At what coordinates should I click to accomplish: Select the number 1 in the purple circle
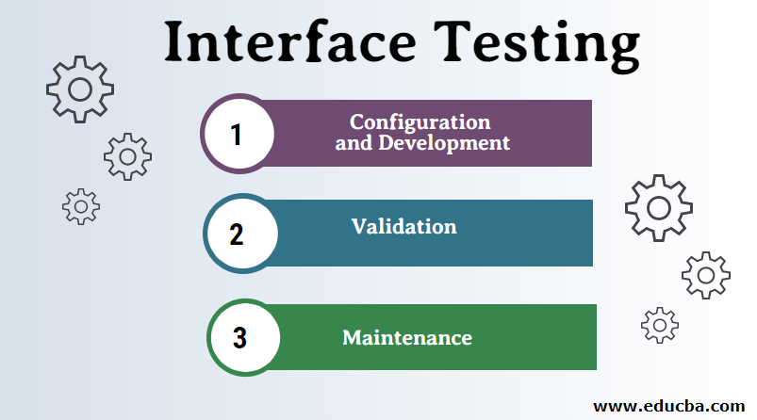pos(237,134)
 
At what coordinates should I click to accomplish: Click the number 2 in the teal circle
pos(238,233)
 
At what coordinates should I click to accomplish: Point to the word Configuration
pos(420,122)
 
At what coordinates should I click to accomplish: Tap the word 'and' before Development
pos(353,144)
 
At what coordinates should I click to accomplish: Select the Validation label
pos(403,226)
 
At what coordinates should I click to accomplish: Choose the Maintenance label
pos(406,336)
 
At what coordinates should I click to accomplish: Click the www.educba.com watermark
pos(667,406)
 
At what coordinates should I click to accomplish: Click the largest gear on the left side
pos(80,89)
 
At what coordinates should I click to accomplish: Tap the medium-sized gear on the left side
pos(127,155)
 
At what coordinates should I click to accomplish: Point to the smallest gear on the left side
pos(80,205)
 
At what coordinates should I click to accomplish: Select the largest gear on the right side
pos(658,207)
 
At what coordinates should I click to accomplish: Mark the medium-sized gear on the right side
pos(705,275)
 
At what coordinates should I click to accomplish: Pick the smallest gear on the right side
pos(660,325)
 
